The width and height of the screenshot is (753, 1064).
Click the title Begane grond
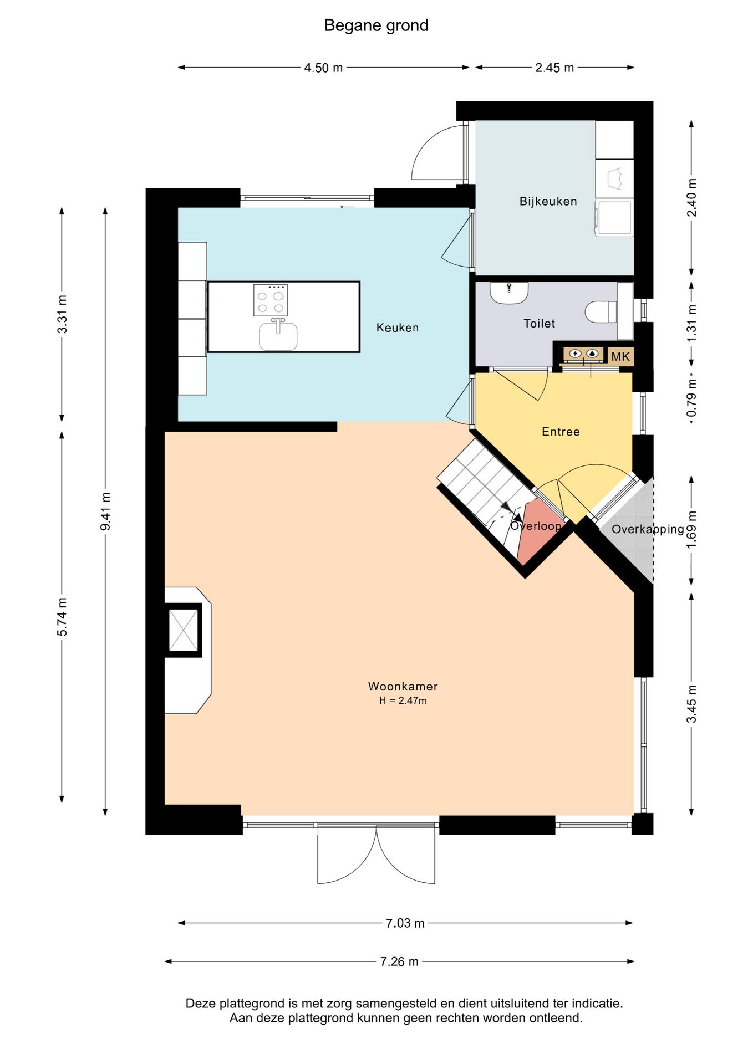tap(376, 25)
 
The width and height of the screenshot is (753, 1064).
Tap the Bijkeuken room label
tap(548, 201)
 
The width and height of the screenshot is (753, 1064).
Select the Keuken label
tap(397, 328)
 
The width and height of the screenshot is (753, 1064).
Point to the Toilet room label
tap(539, 323)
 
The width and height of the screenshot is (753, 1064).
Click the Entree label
tap(561, 432)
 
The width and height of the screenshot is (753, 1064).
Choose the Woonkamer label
tap(403, 686)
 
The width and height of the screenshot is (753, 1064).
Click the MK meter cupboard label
tap(620, 356)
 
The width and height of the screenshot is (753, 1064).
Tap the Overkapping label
tap(648, 529)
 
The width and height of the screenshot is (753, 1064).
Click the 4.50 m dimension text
tap(323, 68)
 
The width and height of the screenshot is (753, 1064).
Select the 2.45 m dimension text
tap(554, 68)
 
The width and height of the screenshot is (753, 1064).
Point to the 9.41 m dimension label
tap(105, 511)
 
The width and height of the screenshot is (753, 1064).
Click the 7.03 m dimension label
tap(405, 923)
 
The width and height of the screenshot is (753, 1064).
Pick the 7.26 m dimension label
tap(399, 961)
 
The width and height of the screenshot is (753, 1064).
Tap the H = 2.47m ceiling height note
tap(403, 700)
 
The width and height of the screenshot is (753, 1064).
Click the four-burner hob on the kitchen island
tap(271, 300)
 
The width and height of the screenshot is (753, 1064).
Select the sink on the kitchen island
tap(278, 335)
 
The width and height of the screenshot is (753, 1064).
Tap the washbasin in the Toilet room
tap(509, 293)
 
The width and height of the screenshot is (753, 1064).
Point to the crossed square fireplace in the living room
tap(183, 630)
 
